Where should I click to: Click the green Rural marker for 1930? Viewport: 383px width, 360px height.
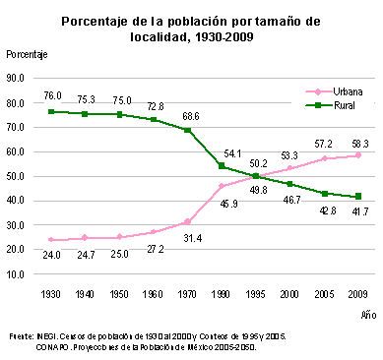(51, 111)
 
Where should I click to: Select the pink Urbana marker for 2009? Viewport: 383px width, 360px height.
(358, 155)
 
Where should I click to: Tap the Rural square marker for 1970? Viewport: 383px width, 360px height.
(187, 130)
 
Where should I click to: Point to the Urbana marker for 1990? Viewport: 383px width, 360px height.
(222, 186)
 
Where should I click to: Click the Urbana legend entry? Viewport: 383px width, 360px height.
(334, 91)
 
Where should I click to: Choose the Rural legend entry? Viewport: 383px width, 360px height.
(330, 105)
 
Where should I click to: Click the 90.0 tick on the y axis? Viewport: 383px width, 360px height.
(16, 79)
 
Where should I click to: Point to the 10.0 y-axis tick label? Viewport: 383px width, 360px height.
(16, 274)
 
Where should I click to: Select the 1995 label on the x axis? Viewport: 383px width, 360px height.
(255, 294)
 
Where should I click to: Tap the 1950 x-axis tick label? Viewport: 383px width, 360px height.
(119, 294)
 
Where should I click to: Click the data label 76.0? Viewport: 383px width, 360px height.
(52, 95)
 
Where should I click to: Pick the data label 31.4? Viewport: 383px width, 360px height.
(193, 238)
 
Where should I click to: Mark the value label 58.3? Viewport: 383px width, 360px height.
(359, 144)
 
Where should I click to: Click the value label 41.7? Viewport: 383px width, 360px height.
(359, 211)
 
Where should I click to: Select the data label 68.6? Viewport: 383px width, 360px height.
(191, 116)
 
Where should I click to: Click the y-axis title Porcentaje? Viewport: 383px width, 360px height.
(27, 54)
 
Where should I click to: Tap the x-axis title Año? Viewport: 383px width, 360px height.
(368, 315)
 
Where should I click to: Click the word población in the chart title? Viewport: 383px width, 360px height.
(197, 22)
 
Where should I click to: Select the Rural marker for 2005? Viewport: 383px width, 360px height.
(325, 194)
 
